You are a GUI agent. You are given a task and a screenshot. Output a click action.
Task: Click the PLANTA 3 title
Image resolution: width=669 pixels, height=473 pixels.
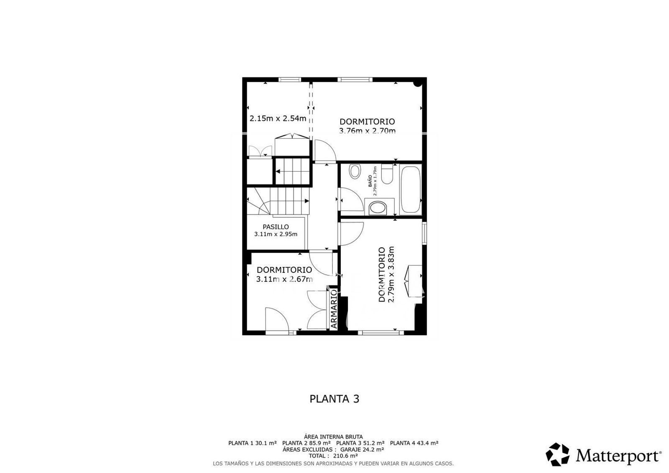[334, 399]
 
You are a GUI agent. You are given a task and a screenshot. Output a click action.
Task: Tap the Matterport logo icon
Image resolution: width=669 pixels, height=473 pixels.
[557, 455]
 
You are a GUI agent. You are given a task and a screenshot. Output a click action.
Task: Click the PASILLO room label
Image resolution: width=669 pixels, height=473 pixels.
[276, 227]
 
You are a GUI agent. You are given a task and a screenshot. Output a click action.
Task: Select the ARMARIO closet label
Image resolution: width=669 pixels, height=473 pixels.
[334, 309]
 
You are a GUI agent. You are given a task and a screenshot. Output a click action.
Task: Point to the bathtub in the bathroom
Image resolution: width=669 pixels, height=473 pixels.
[410, 189]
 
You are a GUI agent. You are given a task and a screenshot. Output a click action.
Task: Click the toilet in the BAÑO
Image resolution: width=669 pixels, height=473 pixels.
[387, 174]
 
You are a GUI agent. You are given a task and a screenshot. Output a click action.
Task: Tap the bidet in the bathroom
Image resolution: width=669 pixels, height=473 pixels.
[355, 172]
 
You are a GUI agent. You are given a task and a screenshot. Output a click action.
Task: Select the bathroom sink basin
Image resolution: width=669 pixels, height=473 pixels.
[378, 208]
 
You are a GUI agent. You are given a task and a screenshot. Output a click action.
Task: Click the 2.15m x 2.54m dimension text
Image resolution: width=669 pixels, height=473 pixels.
[278, 119]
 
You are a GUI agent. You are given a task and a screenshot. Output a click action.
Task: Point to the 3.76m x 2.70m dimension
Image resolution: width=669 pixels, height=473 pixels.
[368, 131]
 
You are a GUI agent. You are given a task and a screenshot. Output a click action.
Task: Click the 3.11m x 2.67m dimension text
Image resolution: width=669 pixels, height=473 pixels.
[285, 279]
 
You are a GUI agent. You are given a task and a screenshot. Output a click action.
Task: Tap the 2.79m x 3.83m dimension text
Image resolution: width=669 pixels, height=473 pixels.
[391, 275]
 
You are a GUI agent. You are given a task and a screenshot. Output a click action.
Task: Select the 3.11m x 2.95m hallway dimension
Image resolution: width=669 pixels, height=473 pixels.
[276, 234]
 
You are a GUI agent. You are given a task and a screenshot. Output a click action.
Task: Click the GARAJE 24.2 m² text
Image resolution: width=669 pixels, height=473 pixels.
[362, 449]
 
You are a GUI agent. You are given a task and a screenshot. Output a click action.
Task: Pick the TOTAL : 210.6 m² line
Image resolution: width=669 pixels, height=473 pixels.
[333, 456]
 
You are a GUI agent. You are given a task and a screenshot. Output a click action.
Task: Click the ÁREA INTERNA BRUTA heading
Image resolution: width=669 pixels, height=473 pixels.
[333, 437]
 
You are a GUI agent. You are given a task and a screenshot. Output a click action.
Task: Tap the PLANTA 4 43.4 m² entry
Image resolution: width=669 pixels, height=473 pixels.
[414, 443]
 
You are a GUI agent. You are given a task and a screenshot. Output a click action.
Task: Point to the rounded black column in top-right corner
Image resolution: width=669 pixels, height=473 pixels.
[418, 84]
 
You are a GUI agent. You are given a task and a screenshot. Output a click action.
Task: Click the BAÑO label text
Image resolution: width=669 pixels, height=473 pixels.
[370, 181]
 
